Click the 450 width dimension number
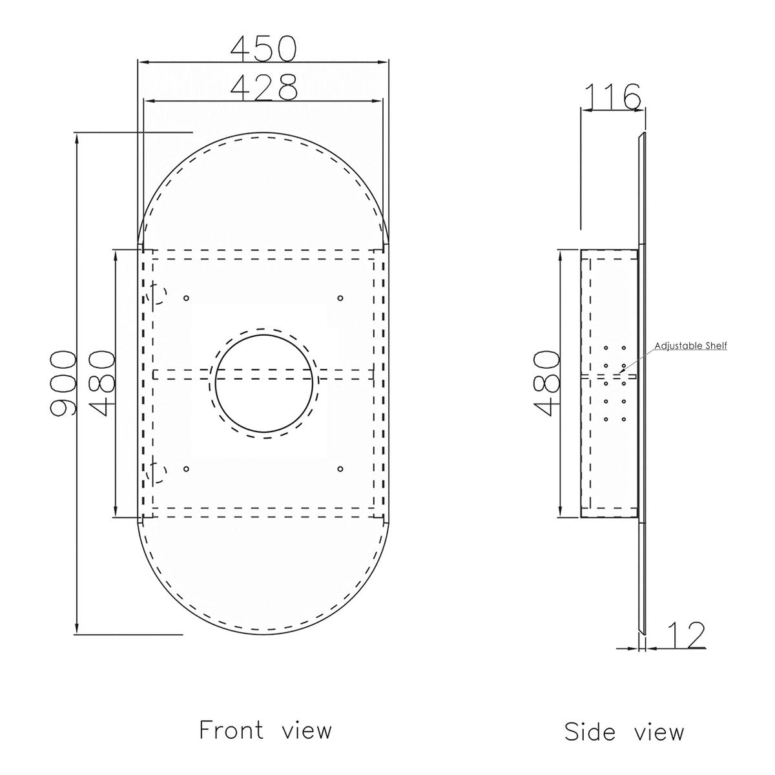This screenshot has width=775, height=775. (x=263, y=48)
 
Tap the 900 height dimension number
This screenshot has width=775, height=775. (x=63, y=383)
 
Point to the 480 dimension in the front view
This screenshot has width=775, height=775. (x=102, y=384)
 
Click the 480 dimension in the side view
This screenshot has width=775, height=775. (x=546, y=383)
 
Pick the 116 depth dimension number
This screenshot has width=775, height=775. (x=612, y=96)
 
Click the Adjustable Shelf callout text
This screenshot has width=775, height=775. (x=690, y=346)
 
